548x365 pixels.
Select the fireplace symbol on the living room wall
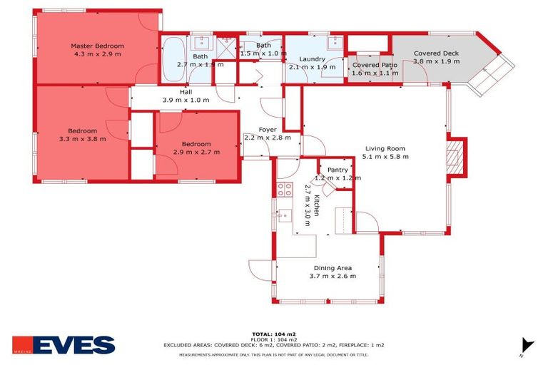pyautogui.click(x=455, y=155)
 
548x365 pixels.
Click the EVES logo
pyautogui.click(x=64, y=345)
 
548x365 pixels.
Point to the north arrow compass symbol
pyautogui.click(x=527, y=345)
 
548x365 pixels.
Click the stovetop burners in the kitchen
pyautogui.click(x=284, y=190)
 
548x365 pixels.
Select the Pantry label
pyautogui.click(x=338, y=170)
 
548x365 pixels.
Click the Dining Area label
pyautogui.click(x=333, y=268)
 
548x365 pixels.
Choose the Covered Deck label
pyautogui.click(x=436, y=53)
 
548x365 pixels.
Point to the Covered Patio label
pyautogui.click(x=375, y=65)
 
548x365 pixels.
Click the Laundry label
pyautogui.click(x=313, y=59)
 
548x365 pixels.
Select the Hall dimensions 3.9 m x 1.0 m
pyautogui.click(x=186, y=100)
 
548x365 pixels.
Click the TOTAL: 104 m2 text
pyautogui.click(x=274, y=334)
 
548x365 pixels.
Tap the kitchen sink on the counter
pyautogui.click(x=285, y=215)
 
